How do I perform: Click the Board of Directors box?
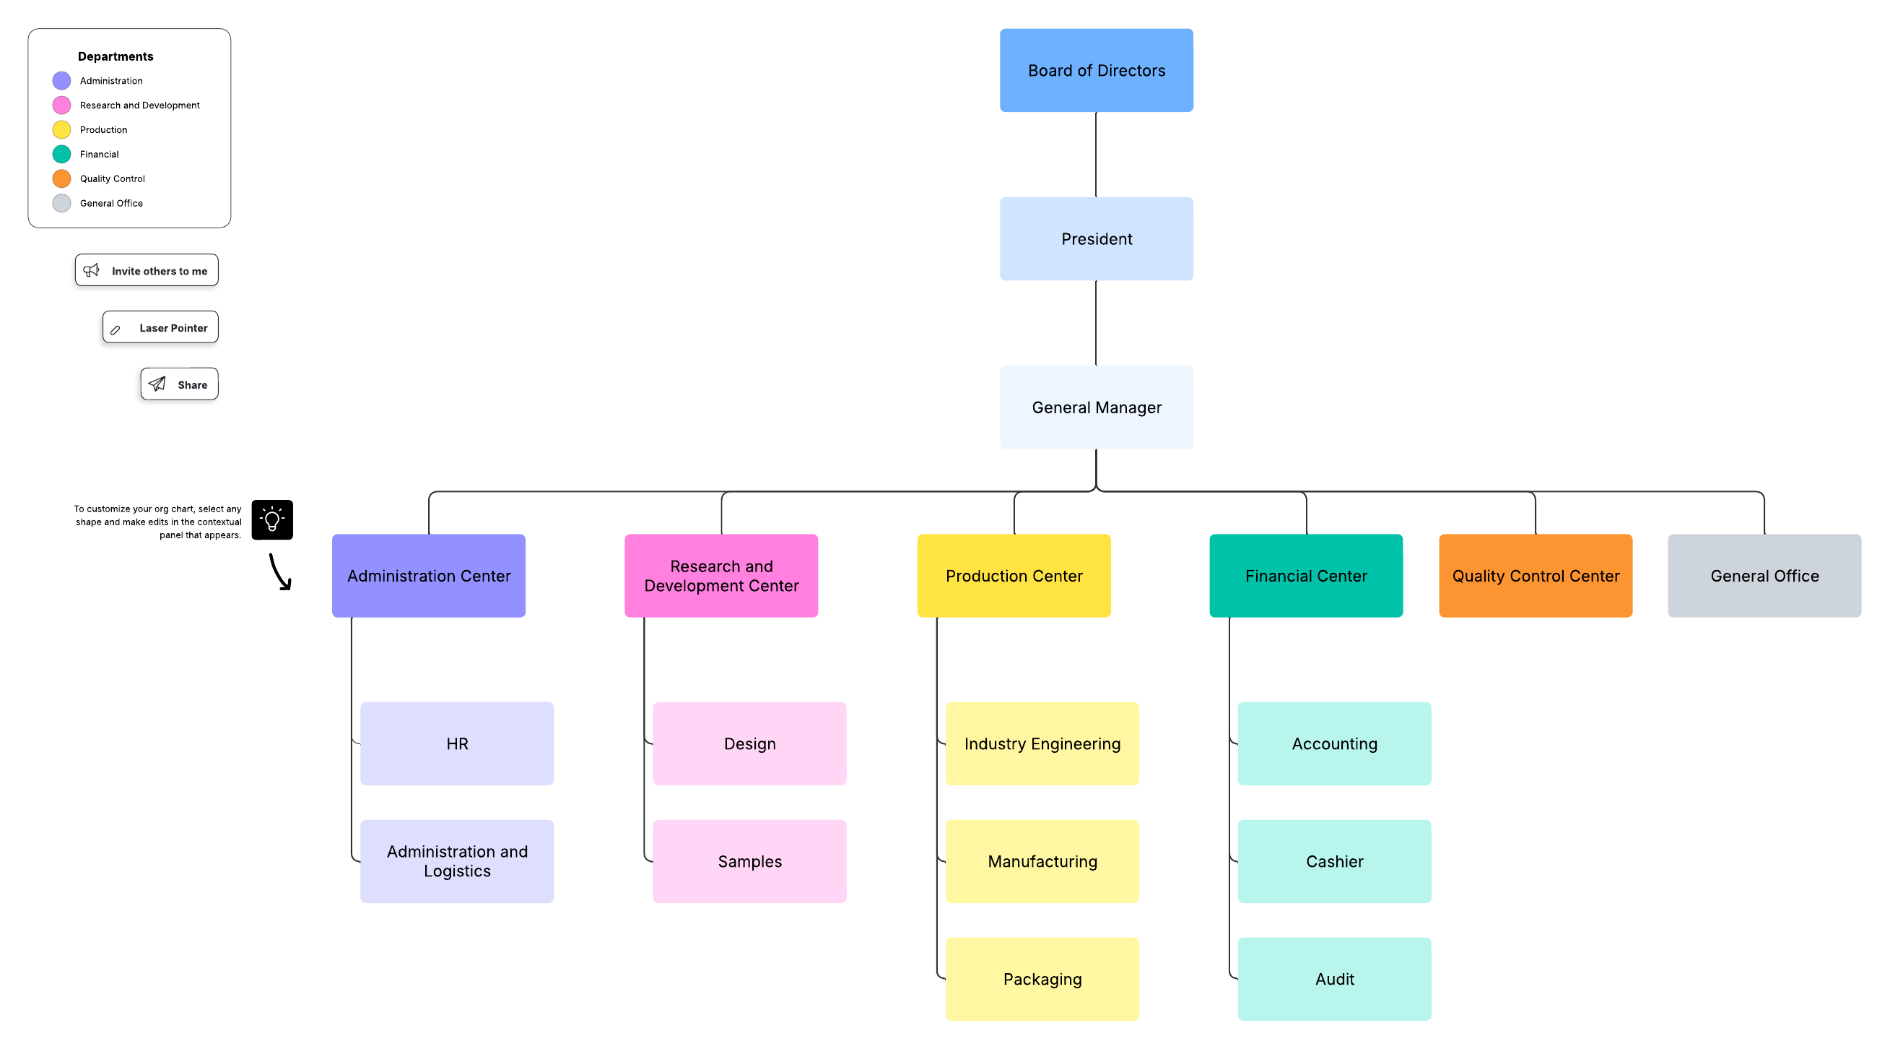(1096, 71)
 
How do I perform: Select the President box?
(1096, 238)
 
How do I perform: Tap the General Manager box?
(1096, 407)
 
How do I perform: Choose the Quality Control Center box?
(1535, 576)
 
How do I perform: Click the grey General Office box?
(1764, 576)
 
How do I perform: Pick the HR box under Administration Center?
(456, 743)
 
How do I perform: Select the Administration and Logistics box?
(456, 861)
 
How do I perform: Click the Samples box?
(749, 861)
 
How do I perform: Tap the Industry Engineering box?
(1042, 743)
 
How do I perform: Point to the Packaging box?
(1042, 978)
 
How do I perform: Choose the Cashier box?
(1334, 861)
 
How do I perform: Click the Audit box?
(1334, 978)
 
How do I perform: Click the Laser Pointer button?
(161, 327)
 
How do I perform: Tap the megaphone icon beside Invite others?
(92, 270)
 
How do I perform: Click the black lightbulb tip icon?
(272, 519)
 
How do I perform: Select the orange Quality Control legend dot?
(61, 178)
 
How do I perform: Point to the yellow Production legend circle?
(61, 130)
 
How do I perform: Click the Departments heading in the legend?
(116, 56)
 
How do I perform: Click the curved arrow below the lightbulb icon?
(280, 572)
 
